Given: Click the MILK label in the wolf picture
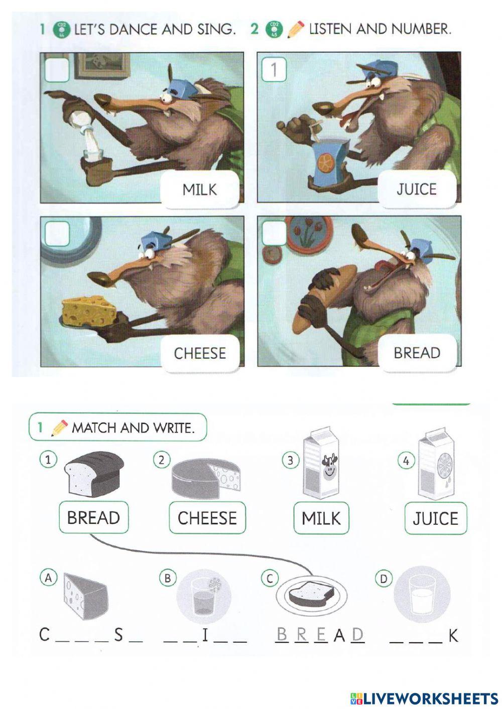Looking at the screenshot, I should tap(199, 189).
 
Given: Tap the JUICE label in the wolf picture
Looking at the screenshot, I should tap(416, 189).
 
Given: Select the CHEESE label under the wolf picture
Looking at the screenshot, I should tap(200, 353).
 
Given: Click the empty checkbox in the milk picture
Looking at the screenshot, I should tap(57, 69).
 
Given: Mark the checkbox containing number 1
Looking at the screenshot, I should tap(274, 69).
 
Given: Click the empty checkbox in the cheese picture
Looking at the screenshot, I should tap(57, 233).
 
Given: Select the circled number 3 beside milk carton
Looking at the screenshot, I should tap(290, 460).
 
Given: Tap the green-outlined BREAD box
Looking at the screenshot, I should tap(93, 517).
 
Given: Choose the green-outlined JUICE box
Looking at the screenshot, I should tap(435, 518).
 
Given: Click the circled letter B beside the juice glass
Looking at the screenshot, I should tap(167, 578).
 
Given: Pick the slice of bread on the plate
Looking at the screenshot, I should tap(311, 594).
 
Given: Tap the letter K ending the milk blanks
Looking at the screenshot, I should tap(453, 636).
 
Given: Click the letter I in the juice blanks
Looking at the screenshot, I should tap(205, 636).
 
